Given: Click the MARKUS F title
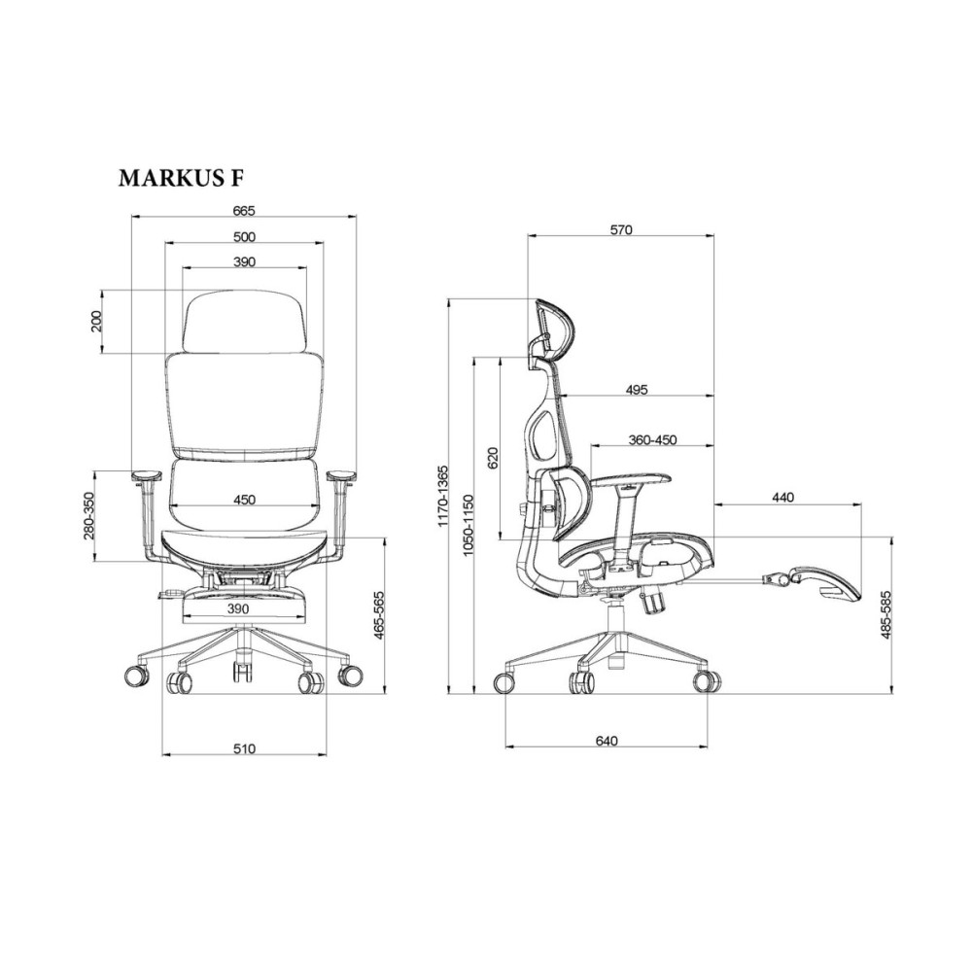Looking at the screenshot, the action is pos(181,178).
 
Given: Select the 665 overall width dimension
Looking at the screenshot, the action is pos(244,210).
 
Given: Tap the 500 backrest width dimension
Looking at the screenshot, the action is pos(244,236).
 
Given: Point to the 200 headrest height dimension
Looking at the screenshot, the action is pos(96,321).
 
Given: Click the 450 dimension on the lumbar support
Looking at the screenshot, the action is pos(244,500).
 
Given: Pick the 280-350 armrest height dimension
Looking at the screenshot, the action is pos(88,516).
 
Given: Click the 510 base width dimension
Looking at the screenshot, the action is pos(244,748).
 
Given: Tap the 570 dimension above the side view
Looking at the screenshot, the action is pos(620,230).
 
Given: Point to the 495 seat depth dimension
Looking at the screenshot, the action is pos(637,390).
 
